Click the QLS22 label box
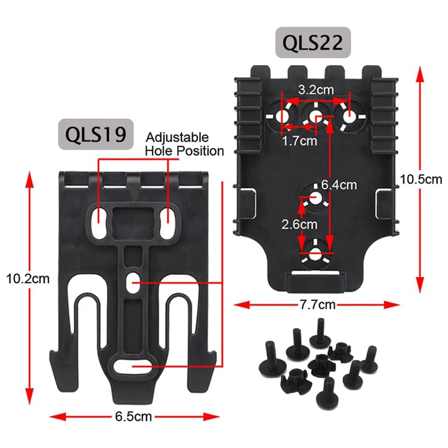click(x=312, y=43)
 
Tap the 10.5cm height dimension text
click(x=421, y=180)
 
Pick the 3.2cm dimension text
click(x=316, y=89)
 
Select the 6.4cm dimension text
click(x=339, y=184)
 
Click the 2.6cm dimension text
click(x=299, y=224)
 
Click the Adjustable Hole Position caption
click(x=184, y=144)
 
